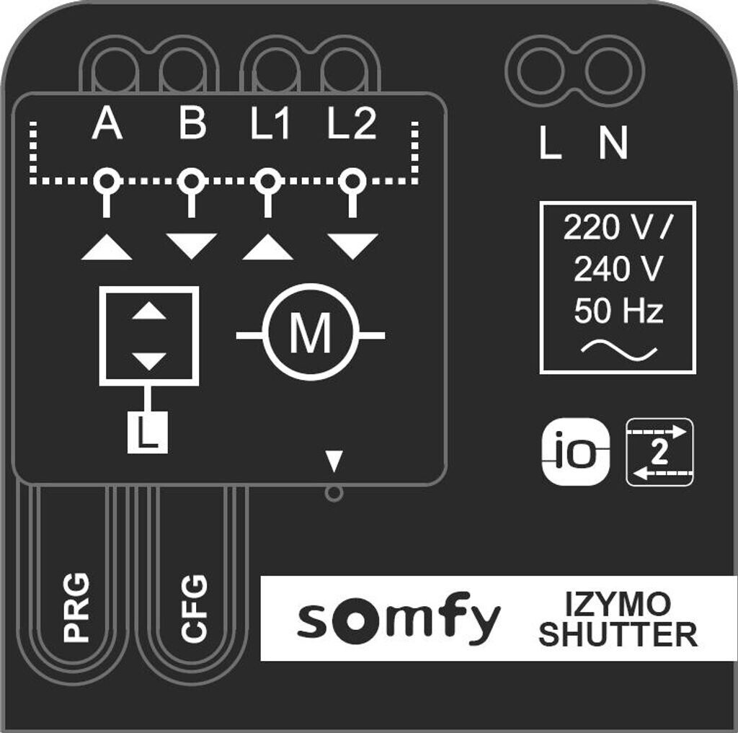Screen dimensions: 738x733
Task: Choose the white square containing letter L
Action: point(148,432)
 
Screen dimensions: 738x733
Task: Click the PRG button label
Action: point(76,607)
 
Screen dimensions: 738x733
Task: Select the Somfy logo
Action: point(399,620)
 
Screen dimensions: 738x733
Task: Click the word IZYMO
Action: point(618,603)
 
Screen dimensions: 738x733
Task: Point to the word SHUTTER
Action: point(618,635)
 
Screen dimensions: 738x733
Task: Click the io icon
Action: point(575,452)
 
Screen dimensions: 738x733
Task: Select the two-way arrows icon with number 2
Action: point(659,452)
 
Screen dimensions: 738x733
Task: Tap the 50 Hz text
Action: point(618,312)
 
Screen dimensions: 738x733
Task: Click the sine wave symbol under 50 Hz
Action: point(618,351)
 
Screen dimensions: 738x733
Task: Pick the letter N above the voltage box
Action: point(613,144)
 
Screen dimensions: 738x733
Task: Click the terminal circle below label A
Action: point(107,180)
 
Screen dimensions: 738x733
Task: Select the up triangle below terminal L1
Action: point(268,246)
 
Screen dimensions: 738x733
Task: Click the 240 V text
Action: point(618,270)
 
